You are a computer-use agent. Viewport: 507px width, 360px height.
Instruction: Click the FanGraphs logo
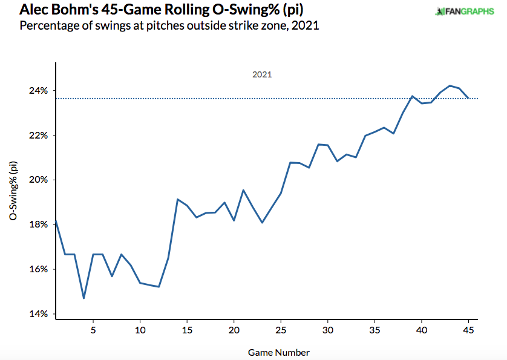pyautogui.click(x=465, y=11)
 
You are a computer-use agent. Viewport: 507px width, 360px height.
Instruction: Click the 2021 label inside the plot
pyautogui.click(x=262, y=74)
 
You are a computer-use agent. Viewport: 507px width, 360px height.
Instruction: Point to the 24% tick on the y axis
pyautogui.click(x=39, y=91)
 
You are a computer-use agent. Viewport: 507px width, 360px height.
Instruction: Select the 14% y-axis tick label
pyautogui.click(x=39, y=314)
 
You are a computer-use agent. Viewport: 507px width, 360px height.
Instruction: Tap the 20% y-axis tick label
pyautogui.click(x=39, y=180)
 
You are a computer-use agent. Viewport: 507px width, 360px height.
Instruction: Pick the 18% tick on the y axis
pyautogui.click(x=39, y=224)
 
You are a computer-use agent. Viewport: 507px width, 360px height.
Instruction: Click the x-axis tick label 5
pyautogui.click(x=93, y=330)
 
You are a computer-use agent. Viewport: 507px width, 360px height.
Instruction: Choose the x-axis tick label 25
pyautogui.click(x=281, y=330)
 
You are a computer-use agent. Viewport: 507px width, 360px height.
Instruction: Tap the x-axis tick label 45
pyautogui.click(x=468, y=330)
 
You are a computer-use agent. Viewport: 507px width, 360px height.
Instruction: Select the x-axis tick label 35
pyautogui.click(x=375, y=330)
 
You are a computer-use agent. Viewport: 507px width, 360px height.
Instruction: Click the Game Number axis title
pyautogui.click(x=279, y=353)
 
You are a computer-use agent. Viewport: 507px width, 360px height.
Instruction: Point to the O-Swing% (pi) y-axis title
pyautogui.click(x=13, y=191)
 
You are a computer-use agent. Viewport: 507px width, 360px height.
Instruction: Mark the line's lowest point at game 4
pyautogui.click(x=83, y=298)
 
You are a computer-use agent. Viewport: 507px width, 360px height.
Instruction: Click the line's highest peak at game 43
pyautogui.click(x=450, y=86)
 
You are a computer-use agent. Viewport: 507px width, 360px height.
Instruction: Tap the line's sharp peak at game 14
pyautogui.click(x=177, y=199)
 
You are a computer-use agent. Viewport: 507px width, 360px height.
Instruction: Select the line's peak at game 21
pyautogui.click(x=243, y=190)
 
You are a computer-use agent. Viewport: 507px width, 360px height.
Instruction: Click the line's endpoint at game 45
pyautogui.click(x=468, y=98)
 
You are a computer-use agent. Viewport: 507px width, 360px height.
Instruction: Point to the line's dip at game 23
pyautogui.click(x=262, y=223)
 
